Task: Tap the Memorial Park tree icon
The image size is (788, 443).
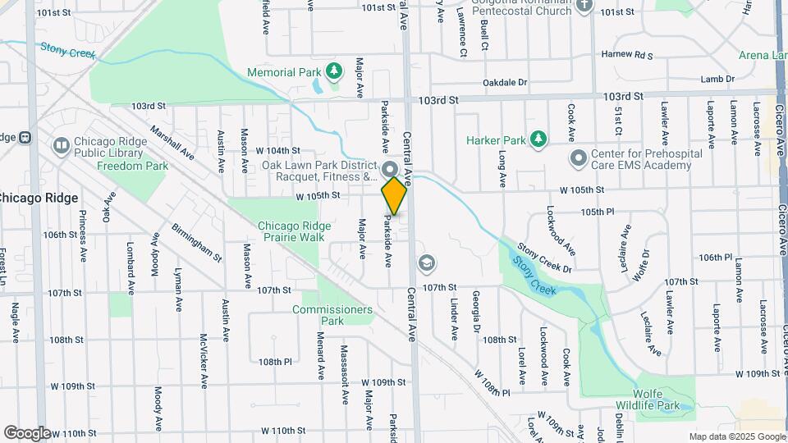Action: pos(333,72)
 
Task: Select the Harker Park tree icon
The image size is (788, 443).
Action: pos(538,139)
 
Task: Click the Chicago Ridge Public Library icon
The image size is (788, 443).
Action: pos(61,146)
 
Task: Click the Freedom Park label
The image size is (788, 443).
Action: pos(132,166)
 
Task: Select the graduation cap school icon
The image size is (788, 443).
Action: pos(426,263)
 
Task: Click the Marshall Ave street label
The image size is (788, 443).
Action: pos(172,141)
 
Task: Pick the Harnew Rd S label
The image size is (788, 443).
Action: pos(626,55)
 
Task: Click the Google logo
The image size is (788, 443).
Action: pos(26,433)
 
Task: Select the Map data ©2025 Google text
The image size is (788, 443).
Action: pos(735,436)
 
